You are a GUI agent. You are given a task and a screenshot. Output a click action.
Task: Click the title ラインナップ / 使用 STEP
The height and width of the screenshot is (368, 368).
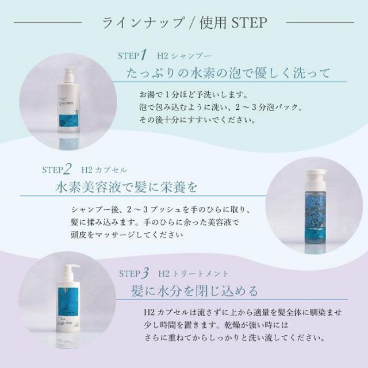184,23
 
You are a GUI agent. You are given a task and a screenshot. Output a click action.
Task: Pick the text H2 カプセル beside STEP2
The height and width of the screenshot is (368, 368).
105,170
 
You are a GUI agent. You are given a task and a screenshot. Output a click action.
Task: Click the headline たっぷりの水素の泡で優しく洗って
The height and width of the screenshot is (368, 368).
228,74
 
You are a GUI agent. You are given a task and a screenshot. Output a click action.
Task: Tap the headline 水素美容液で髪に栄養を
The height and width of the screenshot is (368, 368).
127,187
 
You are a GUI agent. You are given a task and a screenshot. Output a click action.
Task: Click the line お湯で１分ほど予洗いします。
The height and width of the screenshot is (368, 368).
193,94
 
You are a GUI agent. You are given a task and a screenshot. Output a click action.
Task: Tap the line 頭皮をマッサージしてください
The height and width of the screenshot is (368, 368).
127,234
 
